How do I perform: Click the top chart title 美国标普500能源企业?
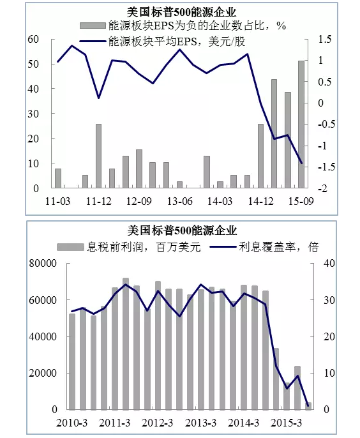[x=181, y=13]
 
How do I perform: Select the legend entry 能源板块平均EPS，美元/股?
[x=162, y=42]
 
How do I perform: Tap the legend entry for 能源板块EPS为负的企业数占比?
[x=183, y=26]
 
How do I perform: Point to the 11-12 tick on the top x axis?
[x=98, y=201]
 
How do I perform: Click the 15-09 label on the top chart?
[x=301, y=201]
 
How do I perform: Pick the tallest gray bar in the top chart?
[x=301, y=124]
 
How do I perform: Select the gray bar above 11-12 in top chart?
[x=98, y=156]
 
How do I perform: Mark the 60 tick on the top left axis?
[x=33, y=39]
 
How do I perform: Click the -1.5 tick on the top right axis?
[x=326, y=167]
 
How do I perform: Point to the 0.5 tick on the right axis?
[x=324, y=82]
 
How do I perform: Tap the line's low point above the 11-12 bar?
[x=98, y=98]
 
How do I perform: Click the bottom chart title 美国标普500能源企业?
[x=182, y=230]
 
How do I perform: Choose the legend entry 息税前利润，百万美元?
[x=129, y=247]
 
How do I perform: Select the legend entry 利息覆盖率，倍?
[x=264, y=247]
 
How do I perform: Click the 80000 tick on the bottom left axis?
[x=43, y=264]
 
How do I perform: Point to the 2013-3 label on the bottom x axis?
[x=200, y=423]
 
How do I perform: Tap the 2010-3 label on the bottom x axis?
[x=71, y=423]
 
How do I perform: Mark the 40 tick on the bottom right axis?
[x=329, y=264]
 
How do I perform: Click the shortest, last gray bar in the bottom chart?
[x=308, y=406]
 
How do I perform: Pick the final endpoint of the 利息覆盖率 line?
[x=308, y=405]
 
